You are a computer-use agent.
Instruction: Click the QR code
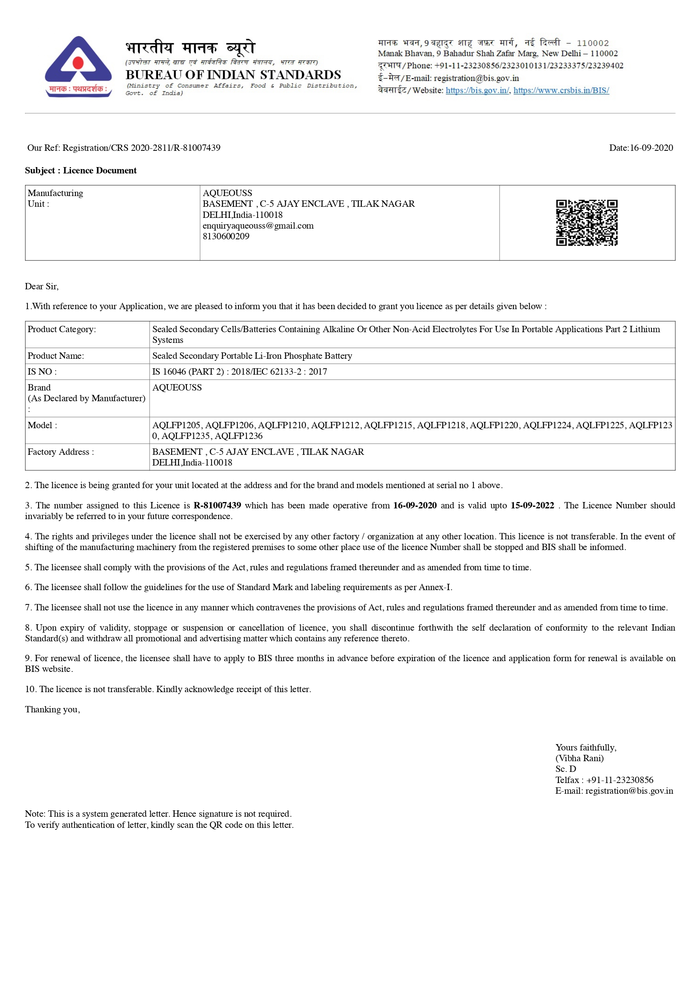tap(586, 223)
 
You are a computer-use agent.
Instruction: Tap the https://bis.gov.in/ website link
tap(477, 90)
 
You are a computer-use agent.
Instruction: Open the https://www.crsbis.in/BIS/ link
tap(561, 90)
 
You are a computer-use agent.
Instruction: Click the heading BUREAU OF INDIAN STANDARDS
tap(233, 75)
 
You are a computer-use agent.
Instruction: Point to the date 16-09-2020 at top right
tap(651, 148)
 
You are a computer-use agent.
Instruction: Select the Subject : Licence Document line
tap(81, 171)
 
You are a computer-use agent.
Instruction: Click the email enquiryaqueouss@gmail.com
tap(258, 226)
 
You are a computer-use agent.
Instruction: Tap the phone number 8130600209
tap(226, 237)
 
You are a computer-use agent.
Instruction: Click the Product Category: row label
tap(62, 329)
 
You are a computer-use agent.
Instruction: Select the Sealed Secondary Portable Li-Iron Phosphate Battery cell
tap(252, 356)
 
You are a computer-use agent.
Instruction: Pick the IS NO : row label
tap(42, 372)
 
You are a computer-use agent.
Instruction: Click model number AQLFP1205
tap(176, 425)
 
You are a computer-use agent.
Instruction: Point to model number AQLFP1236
tap(238, 436)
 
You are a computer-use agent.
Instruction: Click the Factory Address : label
tap(60, 452)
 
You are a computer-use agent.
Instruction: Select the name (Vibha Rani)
tap(579, 758)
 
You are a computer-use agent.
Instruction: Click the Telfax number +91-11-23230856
tap(620, 780)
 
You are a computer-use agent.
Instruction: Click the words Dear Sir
tap(41, 287)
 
